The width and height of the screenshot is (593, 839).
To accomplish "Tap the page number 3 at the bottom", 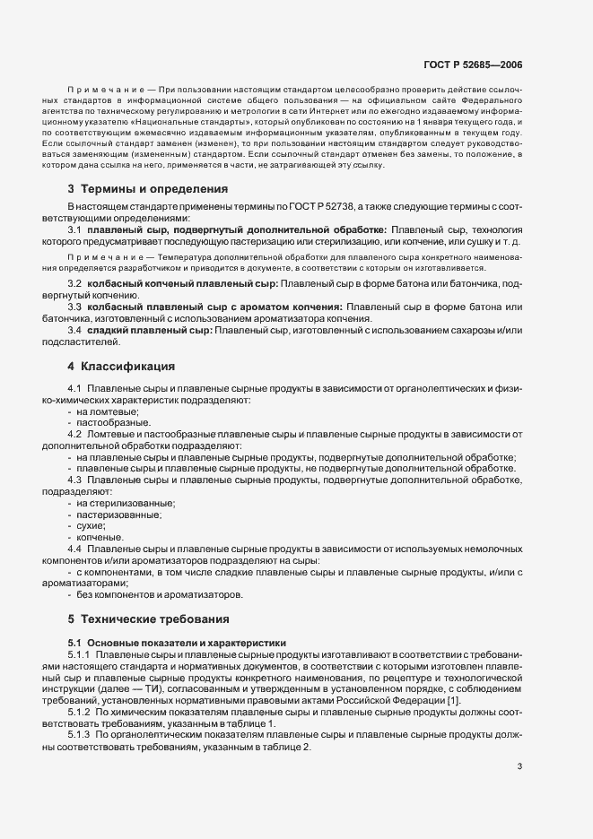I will click(x=520, y=766).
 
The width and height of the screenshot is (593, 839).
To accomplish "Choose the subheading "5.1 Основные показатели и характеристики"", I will click(x=177, y=643).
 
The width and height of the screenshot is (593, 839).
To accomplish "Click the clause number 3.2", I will click(x=75, y=283).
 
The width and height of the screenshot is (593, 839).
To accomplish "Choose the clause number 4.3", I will click(x=75, y=480).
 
